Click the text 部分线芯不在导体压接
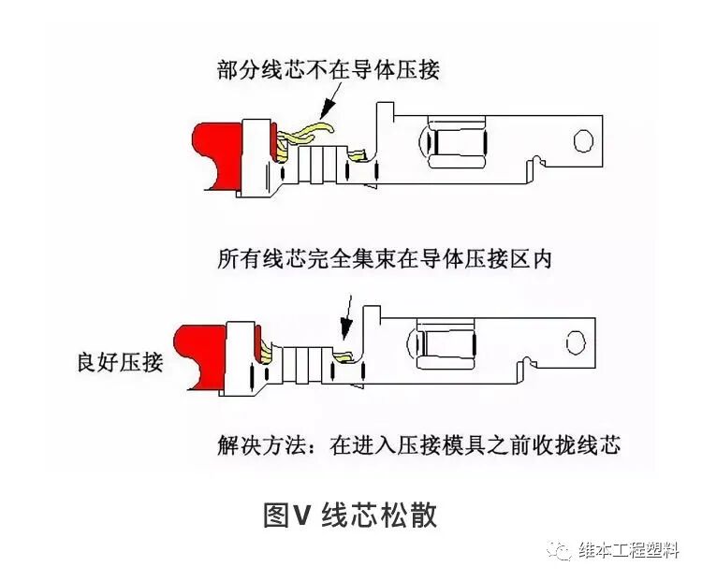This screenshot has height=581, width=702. tap(328, 69)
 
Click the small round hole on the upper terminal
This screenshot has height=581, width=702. tap(583, 141)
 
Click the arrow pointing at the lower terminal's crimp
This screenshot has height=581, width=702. tap(347, 318)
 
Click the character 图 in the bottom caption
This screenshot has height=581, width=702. tap(276, 515)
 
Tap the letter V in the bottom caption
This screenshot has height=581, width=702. tap(300, 516)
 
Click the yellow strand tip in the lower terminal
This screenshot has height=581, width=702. tap(344, 357)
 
